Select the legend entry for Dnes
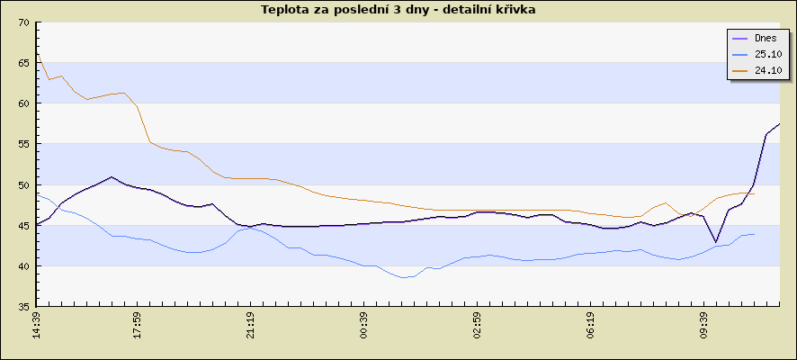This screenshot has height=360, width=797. click(766, 39)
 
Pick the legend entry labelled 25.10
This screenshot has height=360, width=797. click(767, 54)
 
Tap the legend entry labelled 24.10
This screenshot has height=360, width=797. click(767, 69)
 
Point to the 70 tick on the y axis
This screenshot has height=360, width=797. click(23, 22)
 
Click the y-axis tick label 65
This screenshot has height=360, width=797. click(23, 63)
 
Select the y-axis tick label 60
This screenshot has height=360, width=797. click(23, 103)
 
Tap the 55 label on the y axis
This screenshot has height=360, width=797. click(23, 144)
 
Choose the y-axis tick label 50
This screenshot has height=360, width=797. click(23, 184)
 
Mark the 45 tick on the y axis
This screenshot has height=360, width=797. click(23, 225)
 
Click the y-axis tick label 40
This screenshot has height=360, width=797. click(23, 265)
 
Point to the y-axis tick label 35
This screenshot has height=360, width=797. click(23, 306)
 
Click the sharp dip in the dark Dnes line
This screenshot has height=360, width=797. click(716, 241)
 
